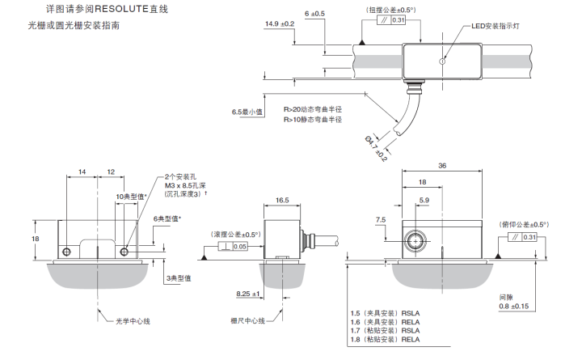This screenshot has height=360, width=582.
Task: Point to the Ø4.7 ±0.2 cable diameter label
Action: pos(376,147)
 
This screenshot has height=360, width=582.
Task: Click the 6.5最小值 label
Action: pos(247,112)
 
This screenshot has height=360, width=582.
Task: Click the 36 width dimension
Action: pos(441,165)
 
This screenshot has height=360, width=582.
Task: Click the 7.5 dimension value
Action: pos(381,219)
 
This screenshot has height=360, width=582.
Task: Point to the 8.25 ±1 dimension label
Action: pos(247,294)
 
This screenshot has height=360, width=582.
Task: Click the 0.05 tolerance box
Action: pos(240,246)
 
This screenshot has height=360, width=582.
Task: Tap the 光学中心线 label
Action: pos(135,321)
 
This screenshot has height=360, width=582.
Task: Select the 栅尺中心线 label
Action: pos(247,321)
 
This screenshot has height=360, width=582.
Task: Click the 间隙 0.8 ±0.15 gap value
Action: pos(514,306)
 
